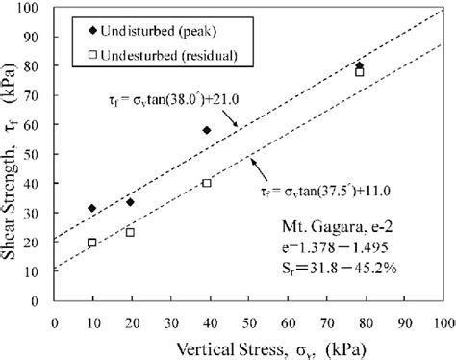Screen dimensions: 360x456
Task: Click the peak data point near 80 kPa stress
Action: click(359, 65)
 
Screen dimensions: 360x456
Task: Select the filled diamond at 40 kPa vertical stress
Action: click(207, 129)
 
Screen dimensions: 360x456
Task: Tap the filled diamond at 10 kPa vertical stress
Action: click(92, 208)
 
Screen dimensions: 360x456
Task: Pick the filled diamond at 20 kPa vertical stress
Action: click(130, 201)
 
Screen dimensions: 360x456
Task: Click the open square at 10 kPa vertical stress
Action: click(92, 243)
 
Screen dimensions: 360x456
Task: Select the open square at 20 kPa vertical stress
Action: click(130, 232)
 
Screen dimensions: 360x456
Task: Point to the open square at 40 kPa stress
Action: click(207, 182)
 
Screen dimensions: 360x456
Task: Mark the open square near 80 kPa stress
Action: click(359, 72)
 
